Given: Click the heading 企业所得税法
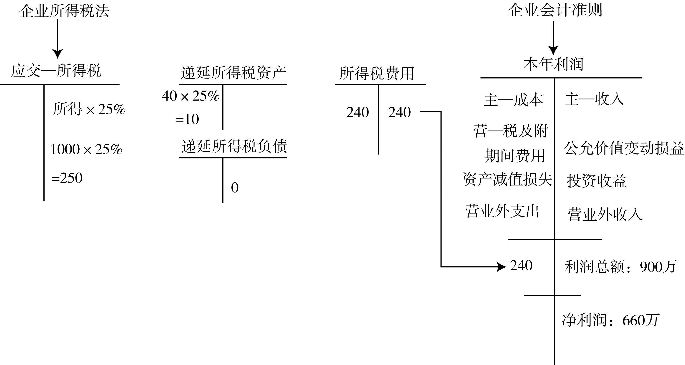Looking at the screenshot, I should tap(64, 11).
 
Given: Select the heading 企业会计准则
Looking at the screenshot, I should tap(555, 11).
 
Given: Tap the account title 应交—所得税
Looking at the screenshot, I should tap(56, 71).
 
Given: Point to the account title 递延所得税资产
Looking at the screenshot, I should tap(233, 73).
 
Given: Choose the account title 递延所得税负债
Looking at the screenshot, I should tap(234, 146).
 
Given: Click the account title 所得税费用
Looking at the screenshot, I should tap(376, 73).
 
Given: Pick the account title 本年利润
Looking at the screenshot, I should tap(554, 64).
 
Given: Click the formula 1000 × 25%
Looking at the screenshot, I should tap(86, 149).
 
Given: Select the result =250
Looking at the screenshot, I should tap(67, 178).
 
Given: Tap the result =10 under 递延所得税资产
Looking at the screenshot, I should tap(187, 119).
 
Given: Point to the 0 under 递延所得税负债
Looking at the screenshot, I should tap(235, 188).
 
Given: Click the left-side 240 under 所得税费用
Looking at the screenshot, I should tap(357, 112).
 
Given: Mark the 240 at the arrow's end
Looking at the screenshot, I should tap(521, 265).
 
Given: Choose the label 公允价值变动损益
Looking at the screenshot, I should tap(624, 148).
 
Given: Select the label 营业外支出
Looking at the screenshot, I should tap(502, 212).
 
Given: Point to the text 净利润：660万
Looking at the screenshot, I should tap(611, 320).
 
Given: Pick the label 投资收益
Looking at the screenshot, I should tap(597, 181).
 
